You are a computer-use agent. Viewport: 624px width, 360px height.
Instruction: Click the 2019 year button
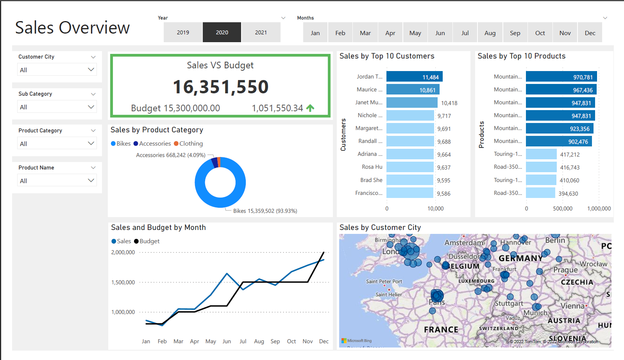click(183, 32)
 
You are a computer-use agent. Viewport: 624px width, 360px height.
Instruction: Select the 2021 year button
click(261, 32)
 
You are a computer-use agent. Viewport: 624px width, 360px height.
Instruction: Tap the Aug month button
click(490, 33)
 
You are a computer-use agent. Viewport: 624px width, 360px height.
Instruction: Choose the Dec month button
click(590, 33)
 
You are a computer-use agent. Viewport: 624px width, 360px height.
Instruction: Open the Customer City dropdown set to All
click(57, 70)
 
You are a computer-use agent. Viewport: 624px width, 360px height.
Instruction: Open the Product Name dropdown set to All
click(57, 181)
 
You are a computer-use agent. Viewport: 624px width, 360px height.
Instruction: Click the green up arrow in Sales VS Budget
click(310, 108)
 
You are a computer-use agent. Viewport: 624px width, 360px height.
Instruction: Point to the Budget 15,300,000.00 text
click(175, 108)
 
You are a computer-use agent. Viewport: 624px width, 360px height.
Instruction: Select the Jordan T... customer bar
click(414, 77)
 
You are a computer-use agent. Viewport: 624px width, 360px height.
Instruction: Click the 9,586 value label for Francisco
click(443, 194)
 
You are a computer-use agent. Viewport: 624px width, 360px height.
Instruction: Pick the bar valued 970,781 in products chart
click(561, 77)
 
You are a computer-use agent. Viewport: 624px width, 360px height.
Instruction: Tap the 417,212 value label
click(570, 155)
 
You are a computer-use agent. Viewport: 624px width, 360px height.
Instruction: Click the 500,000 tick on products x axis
click(562, 209)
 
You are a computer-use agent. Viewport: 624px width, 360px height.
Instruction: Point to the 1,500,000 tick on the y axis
click(123, 282)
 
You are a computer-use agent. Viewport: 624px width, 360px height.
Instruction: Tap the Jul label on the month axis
click(243, 341)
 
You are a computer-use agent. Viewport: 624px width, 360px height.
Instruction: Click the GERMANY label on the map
click(520, 258)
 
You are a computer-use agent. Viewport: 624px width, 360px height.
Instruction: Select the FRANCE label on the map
click(441, 330)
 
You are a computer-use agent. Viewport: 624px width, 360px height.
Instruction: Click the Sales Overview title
click(72, 28)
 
